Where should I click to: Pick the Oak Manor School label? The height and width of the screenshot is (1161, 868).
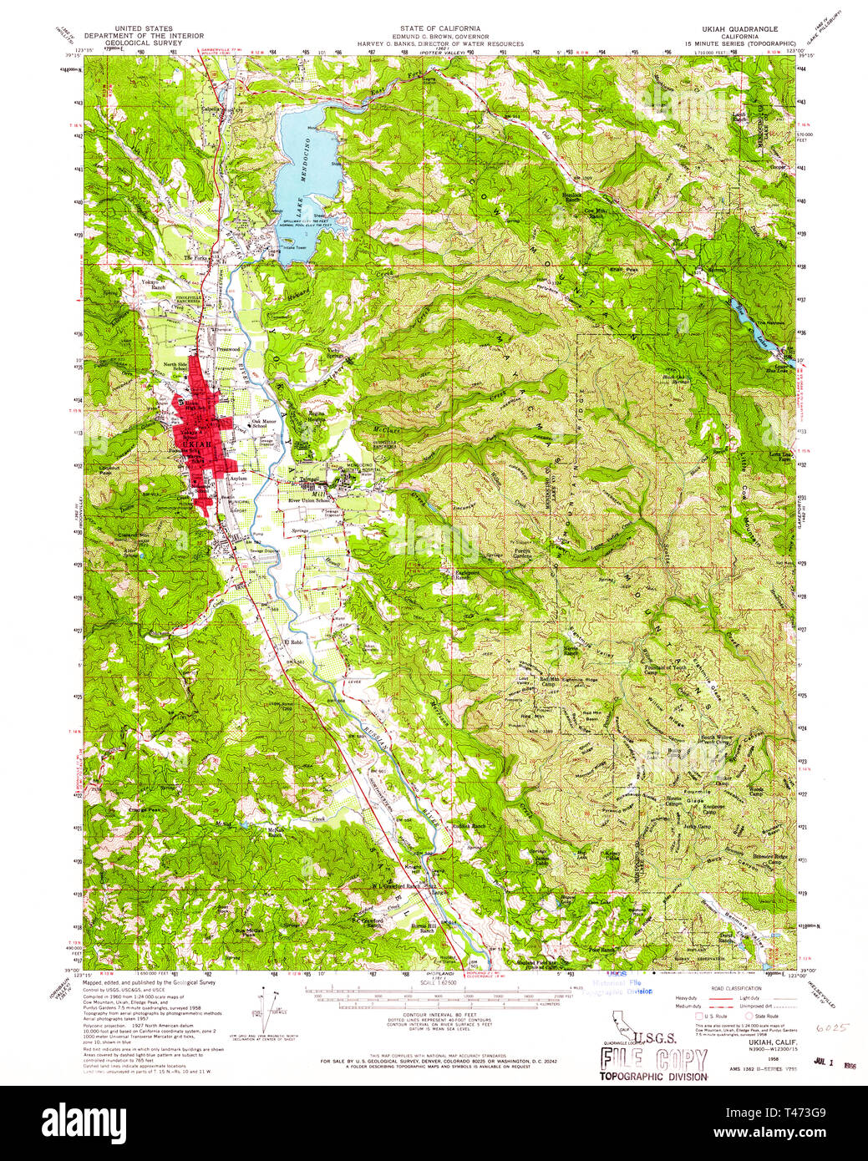coord(264,423)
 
